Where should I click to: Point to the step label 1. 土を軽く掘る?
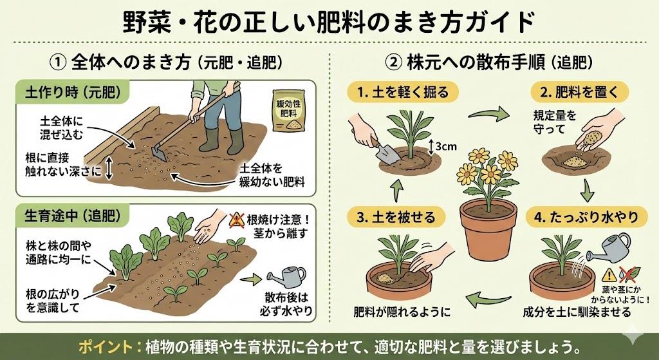(404, 91)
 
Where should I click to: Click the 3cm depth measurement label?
(445, 146)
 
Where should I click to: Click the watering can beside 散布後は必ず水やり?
(288, 277)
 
